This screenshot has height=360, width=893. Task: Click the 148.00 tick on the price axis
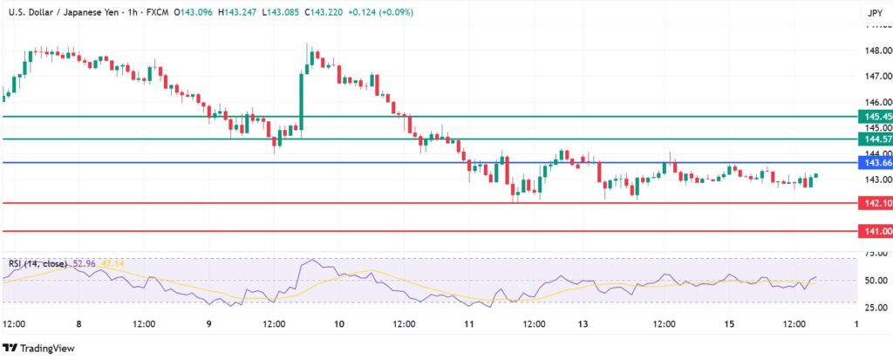[x=876, y=51]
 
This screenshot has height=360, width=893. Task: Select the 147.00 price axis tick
[x=876, y=77]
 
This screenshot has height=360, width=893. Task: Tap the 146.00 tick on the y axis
[x=876, y=102]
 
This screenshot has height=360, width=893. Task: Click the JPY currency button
[x=874, y=13]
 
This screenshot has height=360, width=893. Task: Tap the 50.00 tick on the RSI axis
[x=876, y=281]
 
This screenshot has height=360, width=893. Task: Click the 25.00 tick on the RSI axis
[x=876, y=307]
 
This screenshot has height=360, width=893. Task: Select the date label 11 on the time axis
[x=468, y=323]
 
